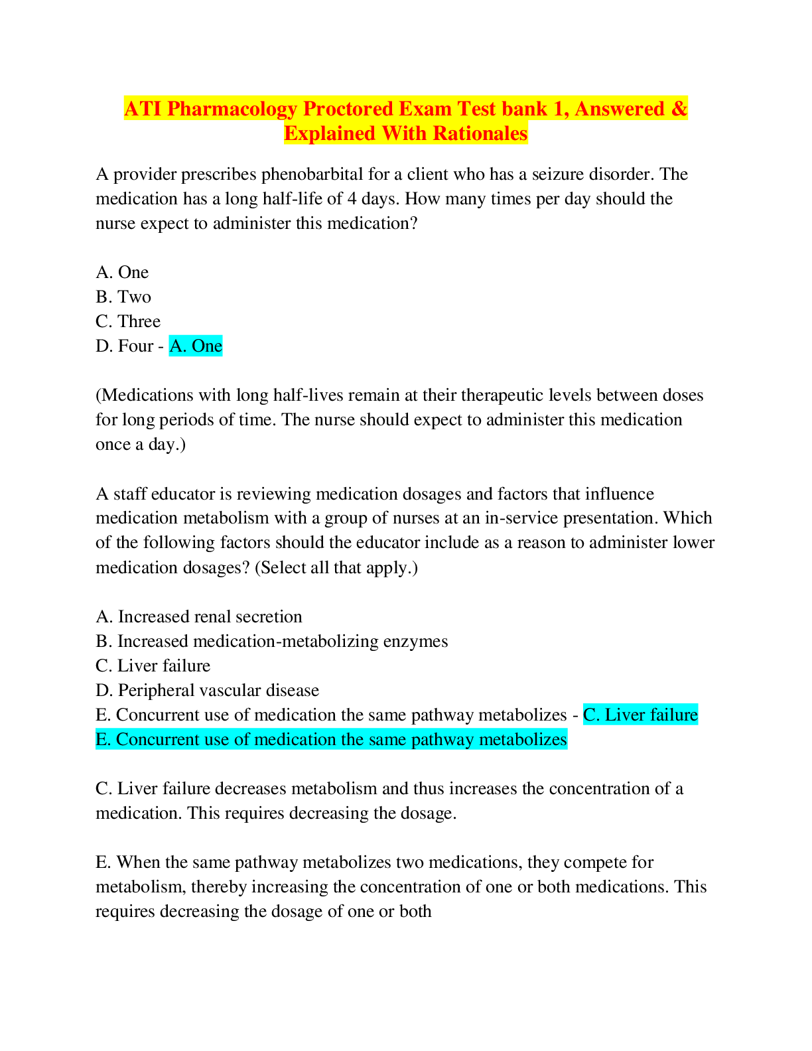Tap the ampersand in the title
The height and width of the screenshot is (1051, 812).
[679, 109]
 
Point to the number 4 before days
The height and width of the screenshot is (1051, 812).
[352, 199]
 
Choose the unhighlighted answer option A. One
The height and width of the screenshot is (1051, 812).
[122, 272]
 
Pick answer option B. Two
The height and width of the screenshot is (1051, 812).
[123, 297]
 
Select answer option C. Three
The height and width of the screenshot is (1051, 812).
[128, 322]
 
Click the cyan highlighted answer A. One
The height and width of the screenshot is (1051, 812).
[196, 346]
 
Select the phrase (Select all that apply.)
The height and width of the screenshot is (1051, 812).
[336, 567]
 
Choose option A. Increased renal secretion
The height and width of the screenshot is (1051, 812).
[199, 616]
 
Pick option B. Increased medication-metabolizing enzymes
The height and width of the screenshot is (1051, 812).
[272, 642]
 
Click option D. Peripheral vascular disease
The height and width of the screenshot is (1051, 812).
[208, 690]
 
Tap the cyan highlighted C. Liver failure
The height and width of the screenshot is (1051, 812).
[640, 715]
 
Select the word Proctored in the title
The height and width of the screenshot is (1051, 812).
[348, 109]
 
